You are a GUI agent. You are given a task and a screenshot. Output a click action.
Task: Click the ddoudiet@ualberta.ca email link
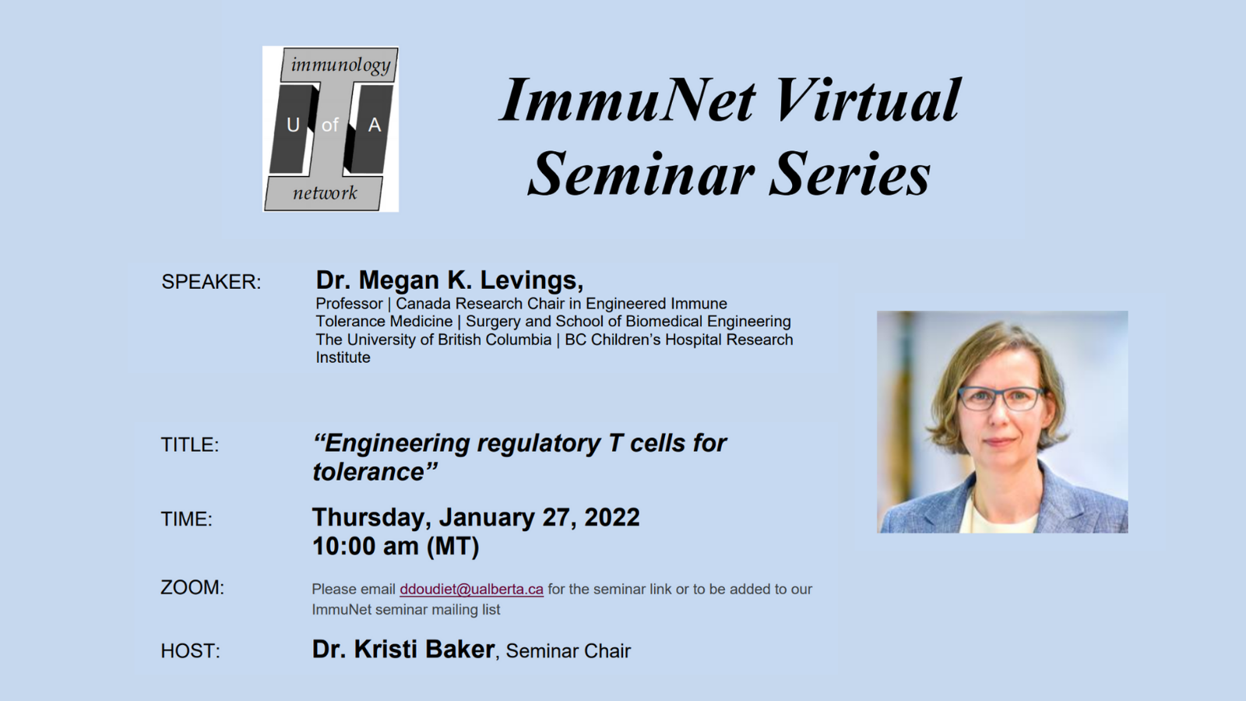click(x=471, y=589)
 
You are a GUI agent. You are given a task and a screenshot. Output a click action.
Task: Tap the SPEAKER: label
click(x=211, y=282)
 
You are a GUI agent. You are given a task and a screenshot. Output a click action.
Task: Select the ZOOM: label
click(x=192, y=587)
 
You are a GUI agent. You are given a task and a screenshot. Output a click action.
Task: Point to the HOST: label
click(x=190, y=651)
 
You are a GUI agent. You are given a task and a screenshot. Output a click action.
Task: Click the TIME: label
click(x=186, y=519)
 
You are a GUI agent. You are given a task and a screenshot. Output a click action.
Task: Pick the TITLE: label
click(x=190, y=445)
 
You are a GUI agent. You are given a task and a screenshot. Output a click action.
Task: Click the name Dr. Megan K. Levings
click(x=449, y=280)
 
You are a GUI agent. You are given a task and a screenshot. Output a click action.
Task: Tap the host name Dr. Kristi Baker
click(x=403, y=650)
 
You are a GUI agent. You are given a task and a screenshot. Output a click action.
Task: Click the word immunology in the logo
click(x=340, y=65)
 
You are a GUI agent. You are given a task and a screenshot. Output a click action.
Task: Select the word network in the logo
click(x=325, y=193)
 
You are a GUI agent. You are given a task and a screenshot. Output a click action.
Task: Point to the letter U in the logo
click(x=293, y=125)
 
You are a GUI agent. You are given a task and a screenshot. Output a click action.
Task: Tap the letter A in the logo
click(x=375, y=125)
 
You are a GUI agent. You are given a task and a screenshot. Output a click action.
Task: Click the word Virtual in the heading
click(x=868, y=100)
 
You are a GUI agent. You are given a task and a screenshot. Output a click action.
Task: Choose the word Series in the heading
click(x=850, y=174)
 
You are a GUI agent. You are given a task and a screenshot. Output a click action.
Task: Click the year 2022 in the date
click(x=612, y=517)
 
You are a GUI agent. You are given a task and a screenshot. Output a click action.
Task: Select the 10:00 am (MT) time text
click(x=396, y=546)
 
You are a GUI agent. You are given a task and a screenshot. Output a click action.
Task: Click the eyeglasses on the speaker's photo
click(x=1000, y=398)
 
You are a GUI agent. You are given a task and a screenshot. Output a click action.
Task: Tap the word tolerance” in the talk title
click(x=375, y=472)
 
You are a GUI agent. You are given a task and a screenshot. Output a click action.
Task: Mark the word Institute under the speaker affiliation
click(x=343, y=358)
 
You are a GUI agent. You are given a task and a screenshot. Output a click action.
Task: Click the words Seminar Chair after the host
click(x=568, y=651)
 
